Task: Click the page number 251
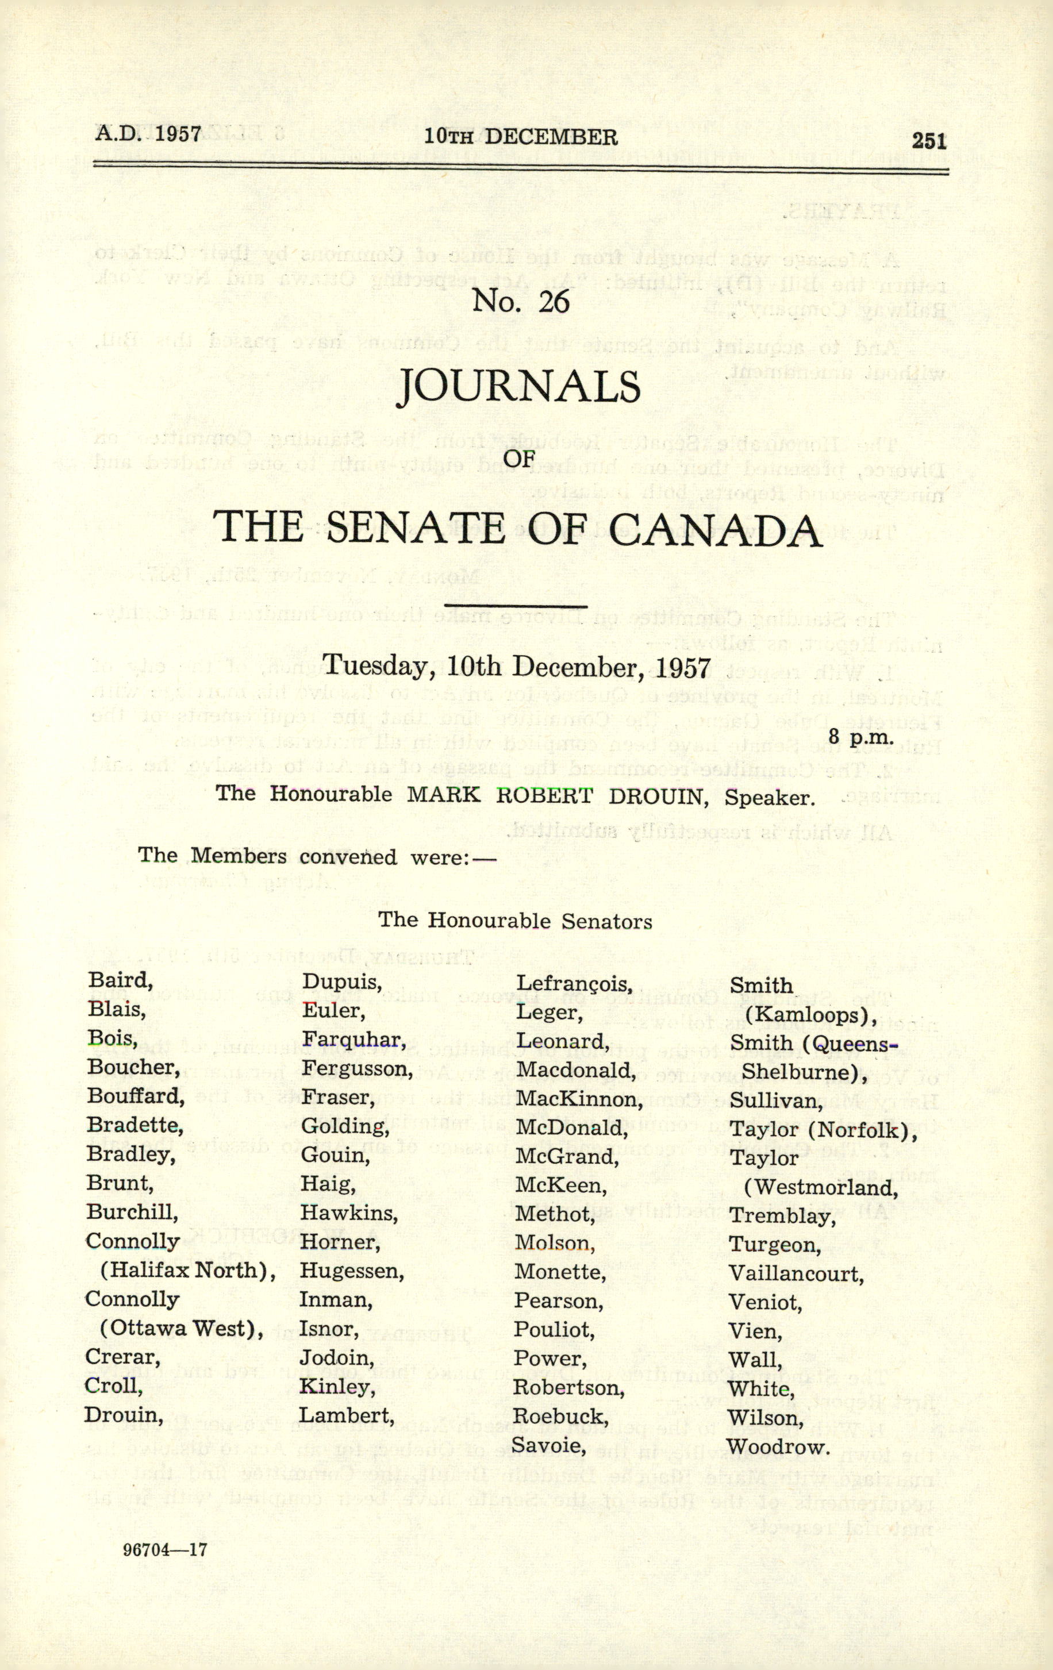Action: tap(929, 141)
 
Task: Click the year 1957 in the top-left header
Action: tap(178, 133)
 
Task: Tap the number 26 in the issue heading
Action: tap(553, 302)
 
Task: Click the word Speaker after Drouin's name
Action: tap(768, 797)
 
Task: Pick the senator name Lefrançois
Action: tap(573, 983)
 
